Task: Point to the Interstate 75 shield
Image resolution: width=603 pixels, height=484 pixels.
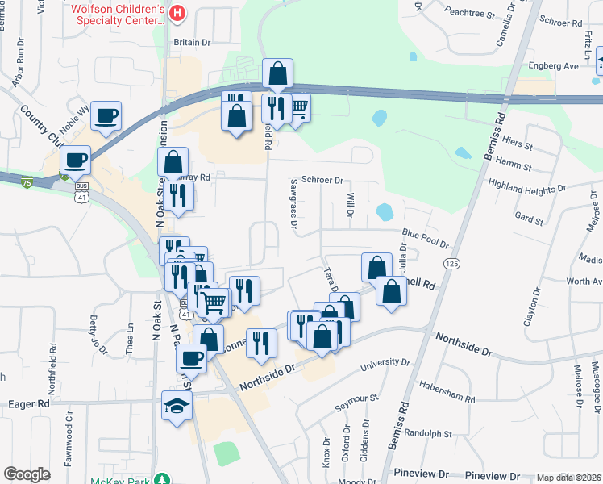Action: tap(27, 183)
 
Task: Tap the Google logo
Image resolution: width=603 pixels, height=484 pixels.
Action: tap(27, 474)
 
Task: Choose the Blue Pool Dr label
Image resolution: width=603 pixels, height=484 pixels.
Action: tap(425, 238)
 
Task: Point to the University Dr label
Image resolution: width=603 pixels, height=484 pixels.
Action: tap(368, 365)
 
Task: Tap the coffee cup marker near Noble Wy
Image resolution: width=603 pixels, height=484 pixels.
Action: tap(106, 115)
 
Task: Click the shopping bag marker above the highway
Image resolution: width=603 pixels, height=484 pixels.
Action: tap(277, 74)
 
